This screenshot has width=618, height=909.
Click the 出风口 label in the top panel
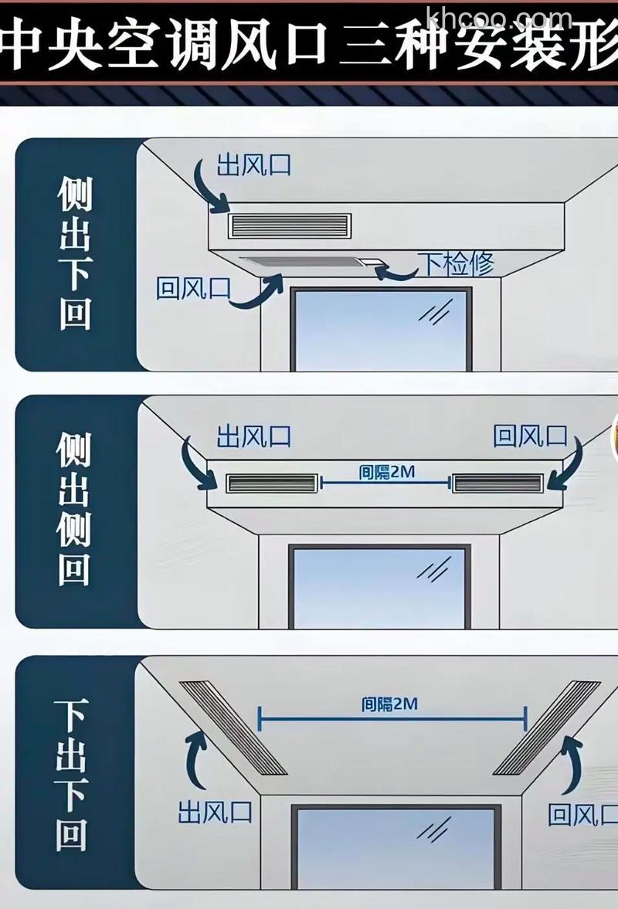253,165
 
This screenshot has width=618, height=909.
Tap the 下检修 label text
456,264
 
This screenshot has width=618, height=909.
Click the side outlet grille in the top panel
289,226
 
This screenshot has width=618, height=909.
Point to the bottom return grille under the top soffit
305,263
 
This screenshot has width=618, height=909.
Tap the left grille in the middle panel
272,484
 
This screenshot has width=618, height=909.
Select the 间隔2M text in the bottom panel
389,704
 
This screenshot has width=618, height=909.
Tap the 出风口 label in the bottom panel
215,812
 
